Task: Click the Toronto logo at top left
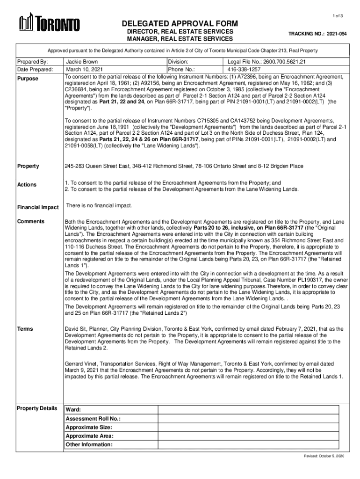(49, 23)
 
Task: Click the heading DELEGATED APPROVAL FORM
(180, 24)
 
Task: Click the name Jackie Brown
(82, 62)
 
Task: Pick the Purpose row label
(28, 79)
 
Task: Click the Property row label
(28, 166)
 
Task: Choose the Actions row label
(27, 185)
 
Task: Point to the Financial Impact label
(38, 207)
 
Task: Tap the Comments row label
(31, 221)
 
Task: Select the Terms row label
(25, 329)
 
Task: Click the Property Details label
(37, 408)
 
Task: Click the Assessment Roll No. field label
(93, 419)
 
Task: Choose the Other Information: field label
(89, 444)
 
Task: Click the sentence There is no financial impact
(99, 206)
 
